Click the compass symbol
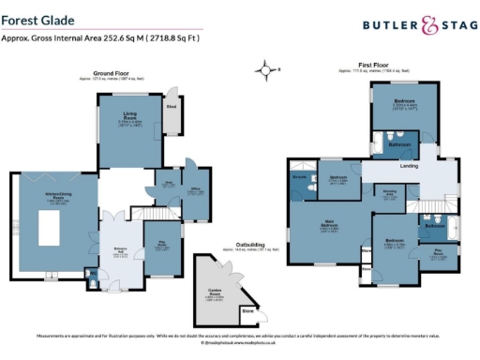pyautogui.click(x=268, y=69)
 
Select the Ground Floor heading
pyautogui.click(x=111, y=71)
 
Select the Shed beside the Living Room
pyautogui.click(x=172, y=108)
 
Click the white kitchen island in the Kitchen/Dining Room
pyautogui.click(x=50, y=227)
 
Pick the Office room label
pyautogui.click(x=197, y=189)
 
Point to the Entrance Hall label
pyautogui.click(x=121, y=248)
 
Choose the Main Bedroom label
pyautogui.click(x=330, y=225)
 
